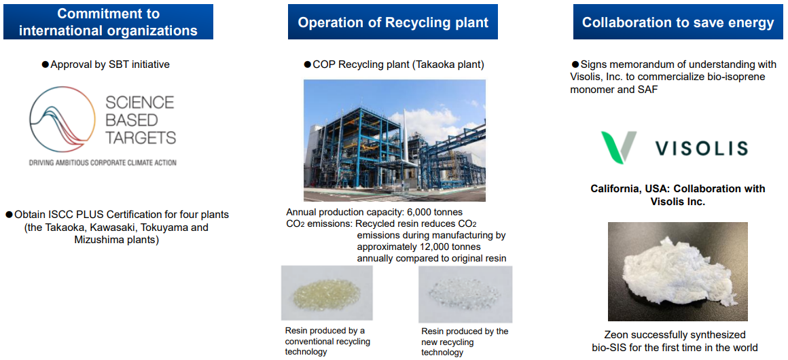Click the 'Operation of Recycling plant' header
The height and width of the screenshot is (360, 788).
point(393,22)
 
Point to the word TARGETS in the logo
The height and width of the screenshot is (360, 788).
point(140,137)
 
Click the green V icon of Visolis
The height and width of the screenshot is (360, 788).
point(619,147)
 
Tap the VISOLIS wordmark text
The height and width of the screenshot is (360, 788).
point(702,148)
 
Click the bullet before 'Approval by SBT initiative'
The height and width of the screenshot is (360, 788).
point(46,65)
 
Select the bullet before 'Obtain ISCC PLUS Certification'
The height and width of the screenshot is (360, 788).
point(9,215)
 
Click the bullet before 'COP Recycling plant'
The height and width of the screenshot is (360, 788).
point(308,65)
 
